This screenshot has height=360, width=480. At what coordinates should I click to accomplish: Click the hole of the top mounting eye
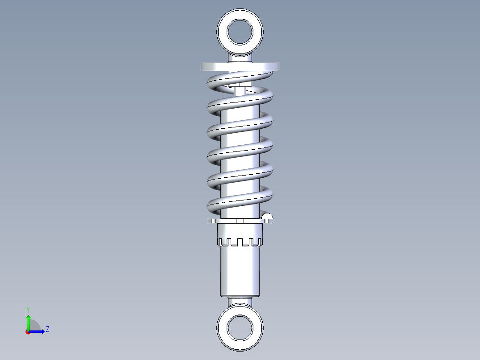click(240, 31)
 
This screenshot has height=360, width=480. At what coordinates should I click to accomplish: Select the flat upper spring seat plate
click(240, 67)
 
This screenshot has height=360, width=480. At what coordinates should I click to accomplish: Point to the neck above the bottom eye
click(240, 302)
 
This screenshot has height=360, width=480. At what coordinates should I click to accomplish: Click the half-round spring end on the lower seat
click(267, 217)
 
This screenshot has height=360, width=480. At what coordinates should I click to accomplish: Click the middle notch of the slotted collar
click(240, 243)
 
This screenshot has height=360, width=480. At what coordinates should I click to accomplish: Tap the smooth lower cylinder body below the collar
click(240, 272)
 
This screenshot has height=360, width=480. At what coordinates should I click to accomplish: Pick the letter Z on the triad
click(47, 329)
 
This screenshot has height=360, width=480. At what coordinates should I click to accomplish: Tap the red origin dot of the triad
click(28, 332)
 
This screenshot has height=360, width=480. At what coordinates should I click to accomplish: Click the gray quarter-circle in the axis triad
click(34, 326)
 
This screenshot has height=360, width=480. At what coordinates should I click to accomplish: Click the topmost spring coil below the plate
click(240, 78)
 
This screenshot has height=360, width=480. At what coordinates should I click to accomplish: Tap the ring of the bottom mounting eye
click(223, 328)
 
